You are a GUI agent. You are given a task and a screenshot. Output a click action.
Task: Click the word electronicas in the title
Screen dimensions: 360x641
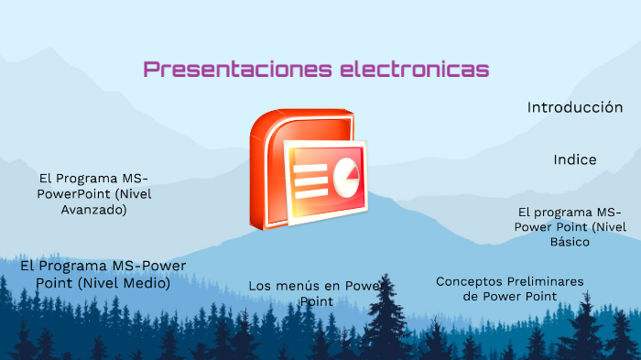[414, 70]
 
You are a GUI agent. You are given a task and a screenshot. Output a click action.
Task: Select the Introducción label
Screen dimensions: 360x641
[575, 107]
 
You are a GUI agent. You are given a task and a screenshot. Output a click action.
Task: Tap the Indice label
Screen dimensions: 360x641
[575, 159]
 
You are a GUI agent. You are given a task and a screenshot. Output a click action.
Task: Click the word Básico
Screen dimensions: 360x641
[570, 242]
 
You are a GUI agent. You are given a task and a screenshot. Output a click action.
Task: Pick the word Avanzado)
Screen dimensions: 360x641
[93, 209]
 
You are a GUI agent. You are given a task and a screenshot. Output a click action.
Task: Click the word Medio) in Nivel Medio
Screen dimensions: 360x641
[147, 283]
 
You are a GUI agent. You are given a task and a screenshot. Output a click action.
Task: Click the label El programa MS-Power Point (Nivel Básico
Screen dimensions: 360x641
[570, 226]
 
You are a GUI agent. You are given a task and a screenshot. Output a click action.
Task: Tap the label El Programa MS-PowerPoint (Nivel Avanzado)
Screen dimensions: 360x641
[93, 193]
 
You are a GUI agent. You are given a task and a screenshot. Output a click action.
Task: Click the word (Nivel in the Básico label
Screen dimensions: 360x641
[608, 226]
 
